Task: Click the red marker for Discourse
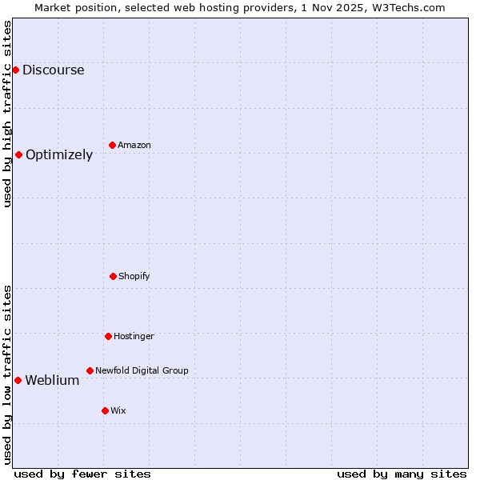[x=15, y=70]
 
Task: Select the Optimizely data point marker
[x=18, y=154]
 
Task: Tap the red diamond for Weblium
[x=18, y=380]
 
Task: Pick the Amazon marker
[x=112, y=145]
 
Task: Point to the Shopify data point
[x=113, y=276]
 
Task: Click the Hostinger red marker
[x=108, y=336]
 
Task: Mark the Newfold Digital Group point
[x=90, y=370]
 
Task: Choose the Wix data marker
[x=105, y=410]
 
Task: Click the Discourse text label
[x=53, y=70]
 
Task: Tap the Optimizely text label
[x=59, y=154]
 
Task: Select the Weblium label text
[x=52, y=380]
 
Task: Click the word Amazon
[x=134, y=145]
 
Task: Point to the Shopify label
[x=134, y=276]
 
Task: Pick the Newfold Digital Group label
[x=142, y=370]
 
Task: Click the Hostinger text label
[x=134, y=336]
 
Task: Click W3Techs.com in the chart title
[x=407, y=7]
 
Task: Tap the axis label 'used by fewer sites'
[x=82, y=474]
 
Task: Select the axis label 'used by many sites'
[x=402, y=474]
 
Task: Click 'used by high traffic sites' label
[x=7, y=114]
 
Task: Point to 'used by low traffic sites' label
[x=7, y=374]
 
